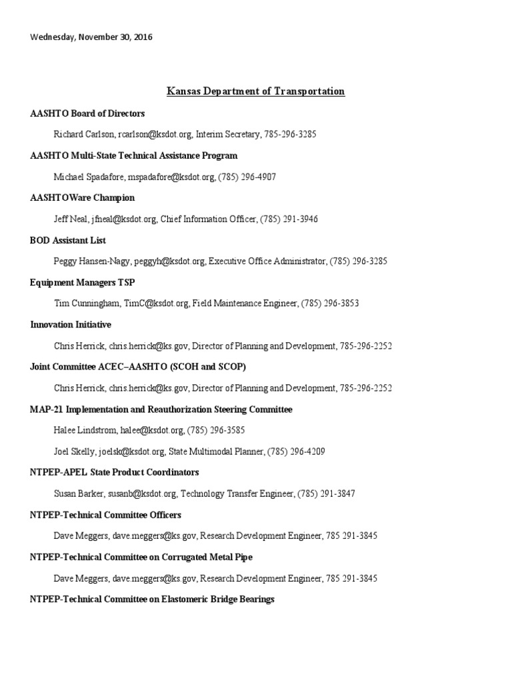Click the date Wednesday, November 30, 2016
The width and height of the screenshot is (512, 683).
click(91, 37)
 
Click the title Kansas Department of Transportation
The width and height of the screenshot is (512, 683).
click(255, 91)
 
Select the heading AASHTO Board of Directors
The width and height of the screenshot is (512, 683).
click(87, 113)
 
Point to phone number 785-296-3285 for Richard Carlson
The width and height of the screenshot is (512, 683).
click(290, 134)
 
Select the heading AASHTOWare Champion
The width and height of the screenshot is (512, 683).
click(82, 198)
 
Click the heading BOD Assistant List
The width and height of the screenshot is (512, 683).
click(68, 240)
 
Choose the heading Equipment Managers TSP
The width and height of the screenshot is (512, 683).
click(83, 283)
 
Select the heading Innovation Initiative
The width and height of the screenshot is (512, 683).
click(71, 325)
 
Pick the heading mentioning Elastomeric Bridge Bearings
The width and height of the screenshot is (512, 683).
click(152, 600)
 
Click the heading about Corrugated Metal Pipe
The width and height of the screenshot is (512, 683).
click(141, 557)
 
